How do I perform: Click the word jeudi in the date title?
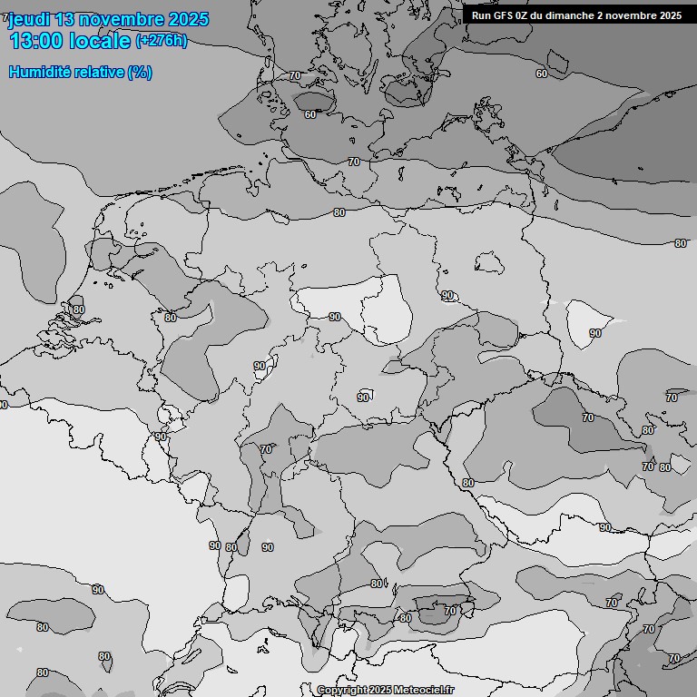pos(30,20)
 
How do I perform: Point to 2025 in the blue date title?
pos(188,20)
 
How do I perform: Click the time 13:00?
pos(36,42)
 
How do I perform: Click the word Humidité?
pos(36,73)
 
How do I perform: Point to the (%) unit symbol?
pos(139,73)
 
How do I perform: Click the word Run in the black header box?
pos(482,15)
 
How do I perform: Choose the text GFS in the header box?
pos(504,15)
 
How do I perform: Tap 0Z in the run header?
pos(524,15)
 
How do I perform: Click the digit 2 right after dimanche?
pos(600,15)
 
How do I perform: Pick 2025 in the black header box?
pos(670,15)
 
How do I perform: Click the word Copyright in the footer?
pos(342,690)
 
